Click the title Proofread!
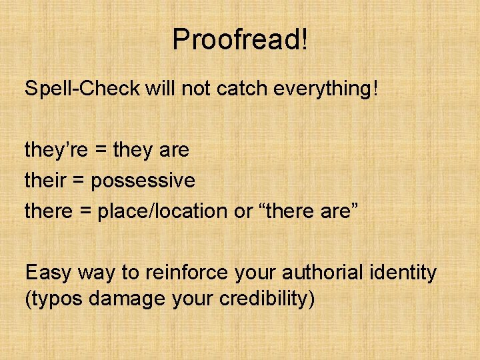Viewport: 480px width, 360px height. click(x=240, y=39)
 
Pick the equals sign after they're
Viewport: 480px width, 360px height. click(x=101, y=151)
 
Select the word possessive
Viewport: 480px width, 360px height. click(x=143, y=181)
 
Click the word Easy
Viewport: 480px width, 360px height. click(x=49, y=273)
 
